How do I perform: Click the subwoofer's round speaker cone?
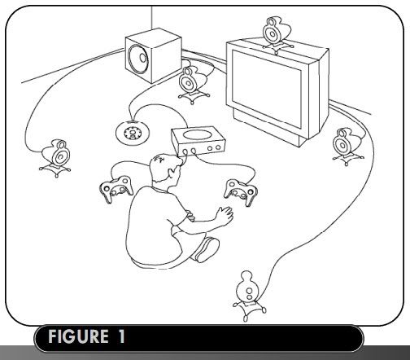(138, 58)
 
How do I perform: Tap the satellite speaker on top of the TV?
(275, 35)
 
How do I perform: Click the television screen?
(267, 89)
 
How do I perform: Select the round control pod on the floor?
(133, 133)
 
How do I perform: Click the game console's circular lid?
(196, 134)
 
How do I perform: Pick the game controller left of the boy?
(116, 189)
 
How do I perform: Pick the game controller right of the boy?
(241, 192)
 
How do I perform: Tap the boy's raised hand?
(224, 214)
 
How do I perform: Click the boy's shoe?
(207, 249)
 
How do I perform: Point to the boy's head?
(165, 169)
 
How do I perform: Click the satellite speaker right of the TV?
(347, 147)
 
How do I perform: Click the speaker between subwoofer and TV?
(194, 85)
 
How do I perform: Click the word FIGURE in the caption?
(78, 336)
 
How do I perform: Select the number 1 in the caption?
(121, 336)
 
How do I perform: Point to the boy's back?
(148, 226)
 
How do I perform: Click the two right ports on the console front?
(214, 148)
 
